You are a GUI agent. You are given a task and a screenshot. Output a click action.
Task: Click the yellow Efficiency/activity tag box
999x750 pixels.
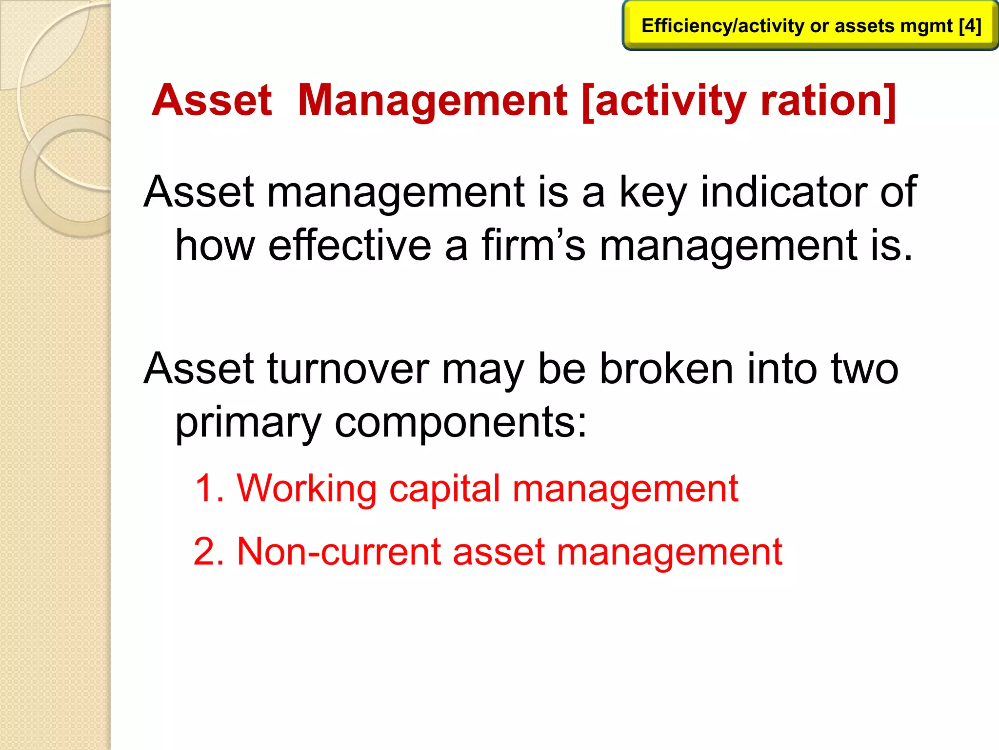point(810,25)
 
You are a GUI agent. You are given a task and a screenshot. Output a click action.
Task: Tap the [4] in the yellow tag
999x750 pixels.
point(970,25)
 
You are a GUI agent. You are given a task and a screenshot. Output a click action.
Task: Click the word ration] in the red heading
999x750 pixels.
point(828,100)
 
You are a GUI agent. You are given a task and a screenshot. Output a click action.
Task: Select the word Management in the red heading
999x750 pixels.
point(432,100)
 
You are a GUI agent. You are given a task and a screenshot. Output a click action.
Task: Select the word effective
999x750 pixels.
point(350,245)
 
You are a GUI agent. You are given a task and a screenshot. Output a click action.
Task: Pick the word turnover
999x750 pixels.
point(348,369)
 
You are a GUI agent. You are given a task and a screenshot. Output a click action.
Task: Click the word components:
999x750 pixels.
point(460,422)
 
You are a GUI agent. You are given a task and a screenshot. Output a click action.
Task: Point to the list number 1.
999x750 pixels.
point(209,488)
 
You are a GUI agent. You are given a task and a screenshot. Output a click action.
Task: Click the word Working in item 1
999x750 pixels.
point(306,488)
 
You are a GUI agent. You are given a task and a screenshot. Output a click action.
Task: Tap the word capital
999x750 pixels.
point(444,488)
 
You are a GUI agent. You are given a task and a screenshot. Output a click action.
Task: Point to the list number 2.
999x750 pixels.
point(209,552)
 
